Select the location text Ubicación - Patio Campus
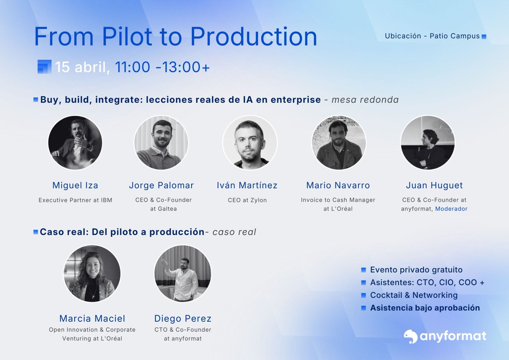tap(432, 36)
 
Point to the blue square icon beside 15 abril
tap(44, 67)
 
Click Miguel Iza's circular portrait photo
tap(75, 143)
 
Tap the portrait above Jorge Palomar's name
tap(161, 143)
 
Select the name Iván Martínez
tap(247, 185)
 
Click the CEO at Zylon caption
tap(247, 200)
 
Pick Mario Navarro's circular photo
tap(338, 143)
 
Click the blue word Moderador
tap(451, 209)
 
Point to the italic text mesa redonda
tap(365, 100)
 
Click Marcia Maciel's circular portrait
tap(92, 273)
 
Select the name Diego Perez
tap(183, 318)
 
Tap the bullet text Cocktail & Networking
tap(414, 295)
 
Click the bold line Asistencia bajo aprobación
tap(425, 308)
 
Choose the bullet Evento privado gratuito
tap(416, 270)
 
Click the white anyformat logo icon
tap(410, 337)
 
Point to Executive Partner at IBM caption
tap(75, 200)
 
